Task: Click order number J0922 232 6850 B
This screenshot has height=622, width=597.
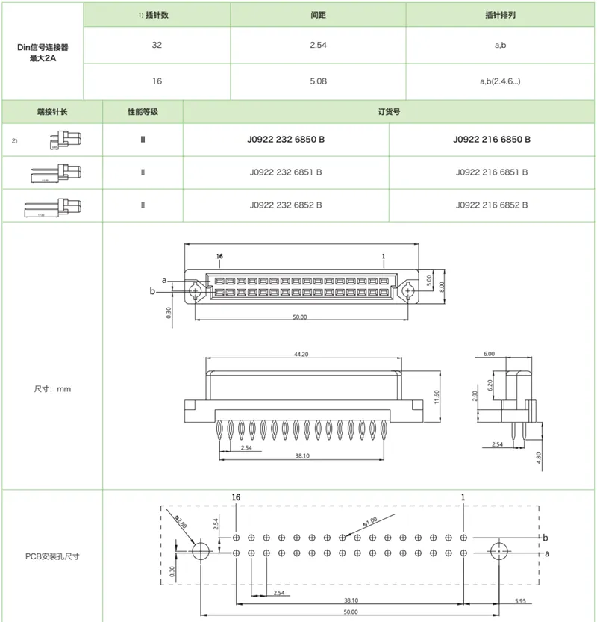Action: [286, 140]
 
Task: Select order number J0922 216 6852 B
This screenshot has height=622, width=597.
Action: [492, 205]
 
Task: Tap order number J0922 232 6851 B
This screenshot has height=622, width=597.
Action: [286, 172]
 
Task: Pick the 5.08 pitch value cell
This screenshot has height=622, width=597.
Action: [318, 81]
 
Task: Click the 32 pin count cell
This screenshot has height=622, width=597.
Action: [157, 45]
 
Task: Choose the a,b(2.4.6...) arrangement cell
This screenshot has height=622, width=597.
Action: [501, 81]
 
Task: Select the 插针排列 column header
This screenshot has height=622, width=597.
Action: [501, 14]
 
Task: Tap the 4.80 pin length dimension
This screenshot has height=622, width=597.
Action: [540, 457]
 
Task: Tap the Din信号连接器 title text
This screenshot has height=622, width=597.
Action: [43, 46]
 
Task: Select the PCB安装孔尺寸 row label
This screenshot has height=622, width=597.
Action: [52, 556]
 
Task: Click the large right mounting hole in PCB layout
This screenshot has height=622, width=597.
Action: [499, 553]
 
